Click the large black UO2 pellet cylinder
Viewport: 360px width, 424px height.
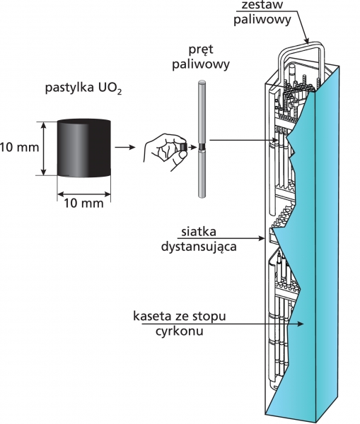tap(83, 148)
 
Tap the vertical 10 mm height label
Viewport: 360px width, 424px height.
tap(20, 148)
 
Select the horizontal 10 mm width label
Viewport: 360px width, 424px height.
tap(83, 204)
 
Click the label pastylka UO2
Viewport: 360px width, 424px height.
tap(83, 89)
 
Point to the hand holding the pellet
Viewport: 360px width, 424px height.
tap(165, 151)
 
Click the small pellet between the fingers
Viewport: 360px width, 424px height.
tap(184, 148)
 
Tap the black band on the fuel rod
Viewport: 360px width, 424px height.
tap(202, 148)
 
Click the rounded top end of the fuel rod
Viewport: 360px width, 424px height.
tap(202, 83)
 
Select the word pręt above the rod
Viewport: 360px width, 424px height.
tap(201, 50)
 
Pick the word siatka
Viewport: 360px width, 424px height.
tap(199, 232)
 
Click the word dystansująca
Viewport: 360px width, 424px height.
tap(199, 247)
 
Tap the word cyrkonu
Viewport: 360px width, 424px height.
tap(179, 331)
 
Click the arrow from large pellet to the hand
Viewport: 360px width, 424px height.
tap(125, 148)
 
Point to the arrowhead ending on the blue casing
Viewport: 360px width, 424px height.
tap(300, 324)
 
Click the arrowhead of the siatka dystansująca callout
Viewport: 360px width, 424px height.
tap(262, 238)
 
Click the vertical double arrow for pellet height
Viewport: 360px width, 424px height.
tap(44, 148)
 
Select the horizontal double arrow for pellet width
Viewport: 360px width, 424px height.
tap(84, 194)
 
